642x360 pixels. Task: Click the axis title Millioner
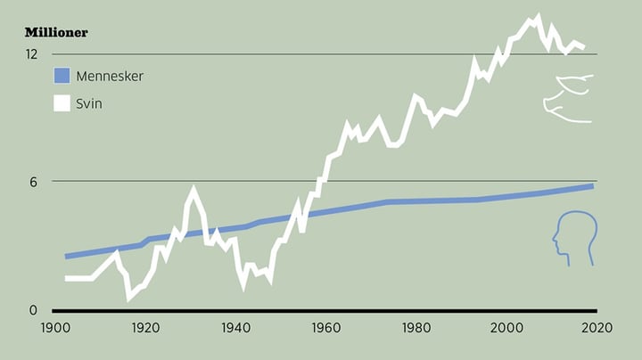click(x=56, y=33)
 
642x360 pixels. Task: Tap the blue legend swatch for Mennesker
click(x=62, y=76)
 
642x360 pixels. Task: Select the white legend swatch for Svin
click(x=62, y=103)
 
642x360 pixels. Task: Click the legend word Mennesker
click(x=110, y=76)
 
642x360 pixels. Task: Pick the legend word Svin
click(x=89, y=103)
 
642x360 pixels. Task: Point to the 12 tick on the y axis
click(x=31, y=54)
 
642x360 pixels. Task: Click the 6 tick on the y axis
click(x=33, y=182)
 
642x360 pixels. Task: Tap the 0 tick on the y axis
click(x=33, y=311)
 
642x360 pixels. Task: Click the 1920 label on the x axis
click(x=144, y=327)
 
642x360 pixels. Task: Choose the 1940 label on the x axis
click(x=235, y=327)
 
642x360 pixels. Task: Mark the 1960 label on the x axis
click(x=325, y=327)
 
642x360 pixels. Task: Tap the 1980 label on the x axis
click(x=416, y=327)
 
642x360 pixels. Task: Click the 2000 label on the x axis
click(x=506, y=327)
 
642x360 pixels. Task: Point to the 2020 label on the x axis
click(x=597, y=327)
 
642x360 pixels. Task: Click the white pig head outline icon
click(x=568, y=98)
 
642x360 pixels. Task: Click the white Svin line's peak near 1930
click(x=193, y=190)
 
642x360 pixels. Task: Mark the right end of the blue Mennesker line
click(x=592, y=185)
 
